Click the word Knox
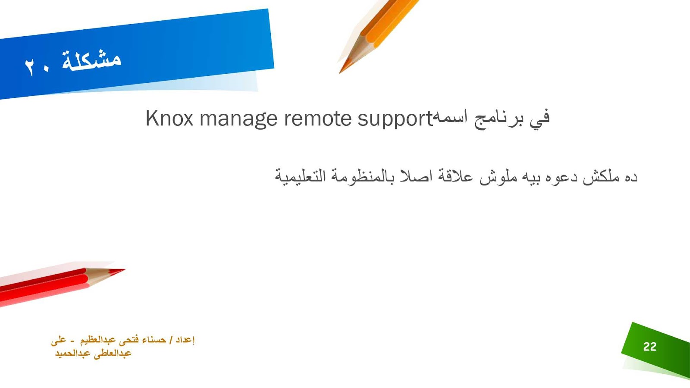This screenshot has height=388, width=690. [x=169, y=118]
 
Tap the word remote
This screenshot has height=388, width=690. [x=317, y=119]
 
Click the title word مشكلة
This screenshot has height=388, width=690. [x=91, y=59]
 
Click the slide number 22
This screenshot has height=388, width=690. [x=650, y=347]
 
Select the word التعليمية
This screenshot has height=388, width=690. [x=300, y=176]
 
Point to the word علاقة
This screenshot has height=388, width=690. [x=455, y=176]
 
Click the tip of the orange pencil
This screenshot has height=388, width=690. [x=340, y=73]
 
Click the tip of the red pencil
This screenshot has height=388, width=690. [x=125, y=270]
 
